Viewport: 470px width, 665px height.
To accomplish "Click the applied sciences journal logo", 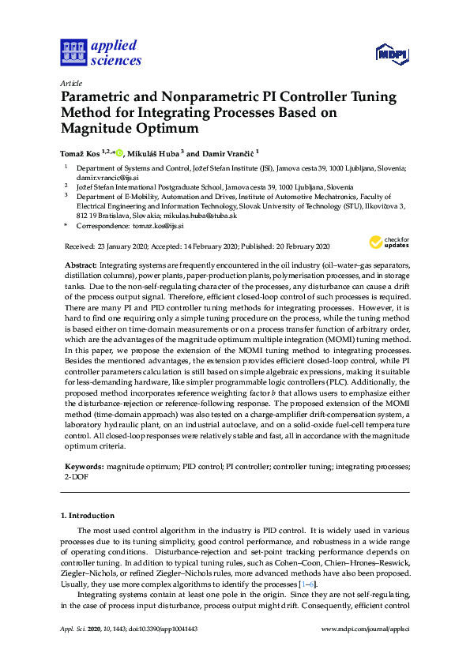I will point(101,52).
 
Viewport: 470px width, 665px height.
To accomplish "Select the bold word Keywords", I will point(82,468).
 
